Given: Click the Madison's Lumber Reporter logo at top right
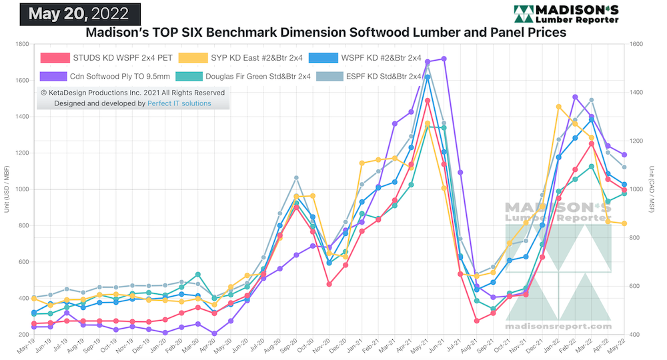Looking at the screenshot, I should coord(566,14).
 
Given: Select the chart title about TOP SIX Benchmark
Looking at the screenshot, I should coord(327,32).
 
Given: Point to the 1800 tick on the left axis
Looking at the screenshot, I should coord(20,45).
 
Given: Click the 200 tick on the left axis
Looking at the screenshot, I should coord(22,334).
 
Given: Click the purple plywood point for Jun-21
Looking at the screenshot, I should coord(444,59).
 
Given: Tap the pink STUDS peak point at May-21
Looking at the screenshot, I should coord(427,101).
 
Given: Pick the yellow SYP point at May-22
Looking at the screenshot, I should coord(624,223).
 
